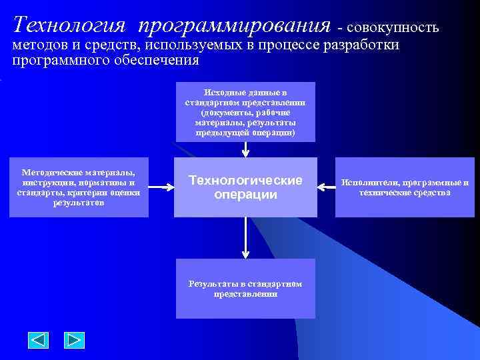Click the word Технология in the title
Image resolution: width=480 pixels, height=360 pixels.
(69, 25)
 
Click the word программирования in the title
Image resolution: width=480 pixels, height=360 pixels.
(235, 25)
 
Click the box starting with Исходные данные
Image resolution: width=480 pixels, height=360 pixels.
(245, 112)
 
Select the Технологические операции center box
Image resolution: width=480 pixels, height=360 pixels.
(245, 187)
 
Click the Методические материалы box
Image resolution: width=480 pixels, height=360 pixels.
(79, 187)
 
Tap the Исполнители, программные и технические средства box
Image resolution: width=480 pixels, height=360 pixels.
(405, 187)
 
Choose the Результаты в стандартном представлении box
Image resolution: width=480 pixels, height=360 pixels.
(245, 289)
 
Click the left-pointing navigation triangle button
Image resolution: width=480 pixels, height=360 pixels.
(39, 340)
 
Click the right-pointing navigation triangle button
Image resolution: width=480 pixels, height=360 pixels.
(74, 340)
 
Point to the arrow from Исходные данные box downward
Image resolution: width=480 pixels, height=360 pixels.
(245, 150)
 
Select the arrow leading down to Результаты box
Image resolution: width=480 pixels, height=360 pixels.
(245, 237)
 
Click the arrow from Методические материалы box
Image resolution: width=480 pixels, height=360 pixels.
(161, 188)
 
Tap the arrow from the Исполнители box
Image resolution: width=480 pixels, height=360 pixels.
(327, 187)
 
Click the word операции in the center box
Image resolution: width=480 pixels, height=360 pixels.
(245, 195)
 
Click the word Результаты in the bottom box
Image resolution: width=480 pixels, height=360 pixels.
(211, 284)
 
